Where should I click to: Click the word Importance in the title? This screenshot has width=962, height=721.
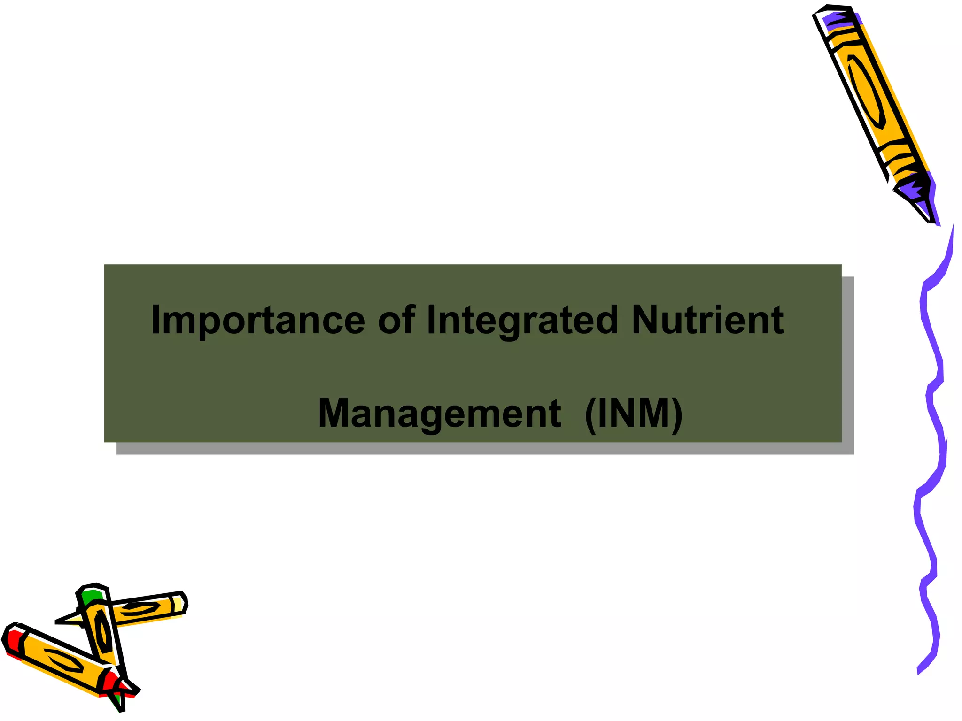click(x=257, y=321)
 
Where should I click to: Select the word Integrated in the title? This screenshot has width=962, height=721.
click(x=521, y=321)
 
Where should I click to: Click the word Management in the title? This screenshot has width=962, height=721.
click(x=439, y=414)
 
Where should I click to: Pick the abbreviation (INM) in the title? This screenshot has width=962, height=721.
click(x=634, y=414)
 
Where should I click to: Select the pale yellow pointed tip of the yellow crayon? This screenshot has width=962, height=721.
click(x=70, y=620)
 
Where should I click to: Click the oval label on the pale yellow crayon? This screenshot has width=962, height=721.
click(x=139, y=609)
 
